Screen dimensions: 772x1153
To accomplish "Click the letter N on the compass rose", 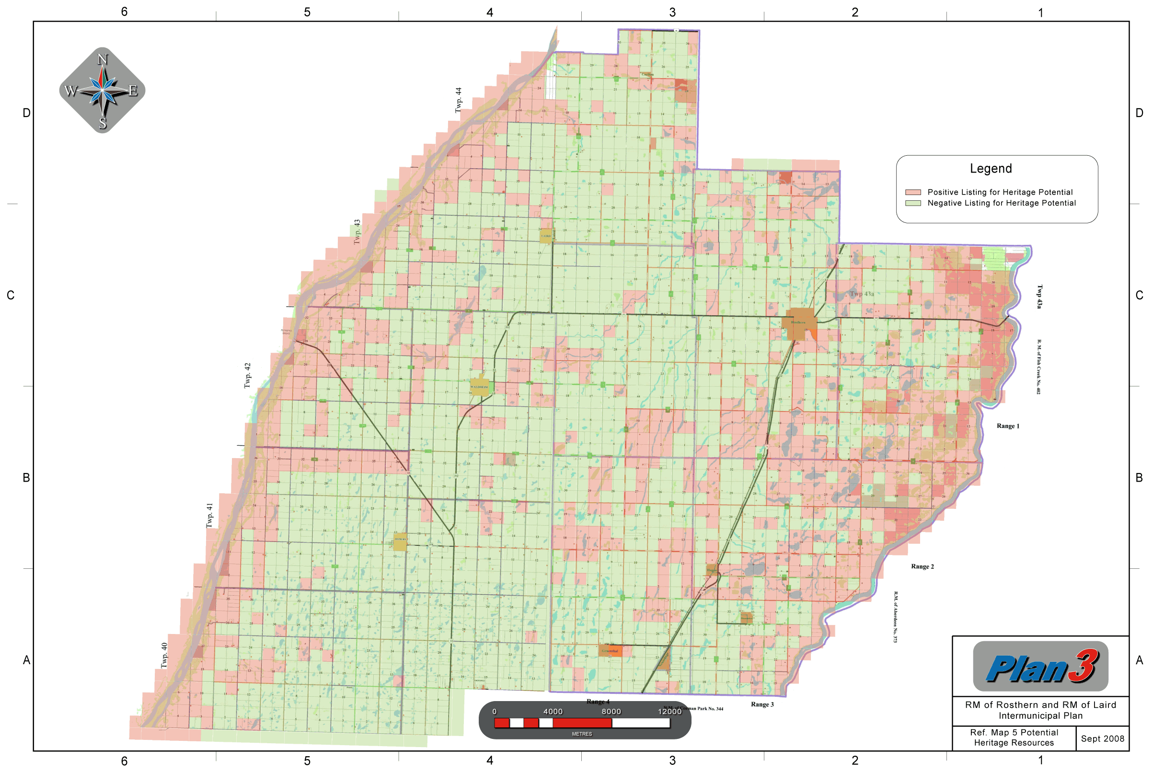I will pos(103,59).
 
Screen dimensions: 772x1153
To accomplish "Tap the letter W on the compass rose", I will pos(70,91).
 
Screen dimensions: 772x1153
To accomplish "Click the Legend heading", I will pos(991,168).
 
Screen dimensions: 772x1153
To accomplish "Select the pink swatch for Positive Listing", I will pos(913,192).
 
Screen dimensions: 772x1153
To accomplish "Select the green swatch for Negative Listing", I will pos(913,203).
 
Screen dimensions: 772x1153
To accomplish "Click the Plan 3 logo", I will pos(1040,667).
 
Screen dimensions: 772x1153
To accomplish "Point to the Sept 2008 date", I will pos(1102,738).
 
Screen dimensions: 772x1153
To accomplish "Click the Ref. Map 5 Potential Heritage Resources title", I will pos(1014,737).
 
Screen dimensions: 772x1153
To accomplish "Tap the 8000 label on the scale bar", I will pos(611,712).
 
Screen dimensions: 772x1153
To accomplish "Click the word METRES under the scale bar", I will pos(582,734).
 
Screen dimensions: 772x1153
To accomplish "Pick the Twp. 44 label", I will pos(458,100).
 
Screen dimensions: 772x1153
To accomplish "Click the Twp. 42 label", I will pos(248,376).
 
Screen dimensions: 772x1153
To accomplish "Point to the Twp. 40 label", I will pos(164,656).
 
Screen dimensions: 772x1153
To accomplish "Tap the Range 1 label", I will pos(1008,426).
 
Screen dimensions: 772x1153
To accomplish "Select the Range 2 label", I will pos(922,567).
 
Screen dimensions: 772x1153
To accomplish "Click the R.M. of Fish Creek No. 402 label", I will pos(1039,366).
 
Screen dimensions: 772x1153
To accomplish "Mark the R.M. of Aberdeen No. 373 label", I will pos(896,617).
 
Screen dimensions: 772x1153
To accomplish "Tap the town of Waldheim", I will pos(480,387).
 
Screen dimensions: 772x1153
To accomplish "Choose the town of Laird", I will pos(546,236).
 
